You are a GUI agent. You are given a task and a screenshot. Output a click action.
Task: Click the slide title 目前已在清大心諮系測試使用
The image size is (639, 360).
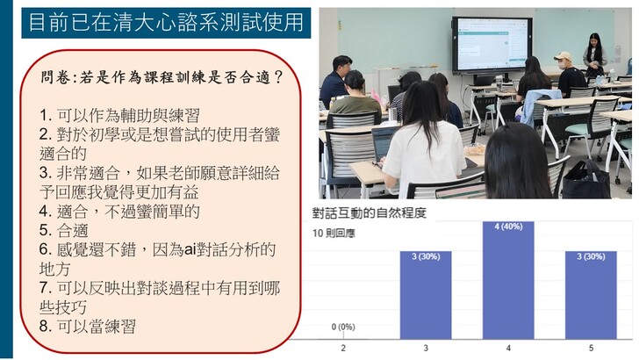pyautogui.click(x=166, y=23)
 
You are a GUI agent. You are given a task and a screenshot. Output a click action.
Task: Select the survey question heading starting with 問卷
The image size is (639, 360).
pyautogui.click(x=162, y=76)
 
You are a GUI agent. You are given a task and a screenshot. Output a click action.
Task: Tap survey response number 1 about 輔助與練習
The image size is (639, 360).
pyautogui.click(x=119, y=115)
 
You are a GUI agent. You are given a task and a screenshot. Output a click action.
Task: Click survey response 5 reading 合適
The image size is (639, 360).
pyautogui.click(x=63, y=230)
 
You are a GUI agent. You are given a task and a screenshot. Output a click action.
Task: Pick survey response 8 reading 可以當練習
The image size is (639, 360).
pyautogui.click(x=88, y=327)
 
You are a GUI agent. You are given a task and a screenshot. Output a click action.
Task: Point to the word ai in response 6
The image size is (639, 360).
pyautogui.click(x=190, y=249)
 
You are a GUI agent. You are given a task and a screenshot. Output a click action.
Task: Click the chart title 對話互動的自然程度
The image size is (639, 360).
pyautogui.click(x=370, y=212)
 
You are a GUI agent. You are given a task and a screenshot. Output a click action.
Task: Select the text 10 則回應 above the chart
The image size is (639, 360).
pyautogui.click(x=334, y=234)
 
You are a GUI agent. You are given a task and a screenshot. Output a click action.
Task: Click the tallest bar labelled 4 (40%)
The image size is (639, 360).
pyautogui.click(x=508, y=280)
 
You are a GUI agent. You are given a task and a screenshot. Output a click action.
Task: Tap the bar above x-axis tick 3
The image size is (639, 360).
pyautogui.click(x=426, y=295)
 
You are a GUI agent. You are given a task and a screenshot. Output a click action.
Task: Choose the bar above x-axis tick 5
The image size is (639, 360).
pyautogui.click(x=591, y=295)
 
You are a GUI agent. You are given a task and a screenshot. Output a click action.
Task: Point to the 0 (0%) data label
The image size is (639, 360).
pyautogui.click(x=343, y=327)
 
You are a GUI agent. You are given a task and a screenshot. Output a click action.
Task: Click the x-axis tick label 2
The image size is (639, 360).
pyautogui.click(x=343, y=349)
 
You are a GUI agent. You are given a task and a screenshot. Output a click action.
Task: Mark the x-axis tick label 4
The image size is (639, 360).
pyautogui.click(x=508, y=349)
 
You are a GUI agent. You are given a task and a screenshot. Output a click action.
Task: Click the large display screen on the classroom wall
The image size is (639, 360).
pyautogui.click(x=492, y=46)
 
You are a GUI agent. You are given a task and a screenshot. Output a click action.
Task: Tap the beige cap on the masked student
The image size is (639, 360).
pyautogui.click(x=564, y=56)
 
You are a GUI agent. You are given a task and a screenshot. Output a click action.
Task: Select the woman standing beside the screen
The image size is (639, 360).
pyautogui.click(x=594, y=54)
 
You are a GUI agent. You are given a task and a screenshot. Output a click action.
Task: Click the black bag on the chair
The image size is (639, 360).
pyautogui.click(x=587, y=180)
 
